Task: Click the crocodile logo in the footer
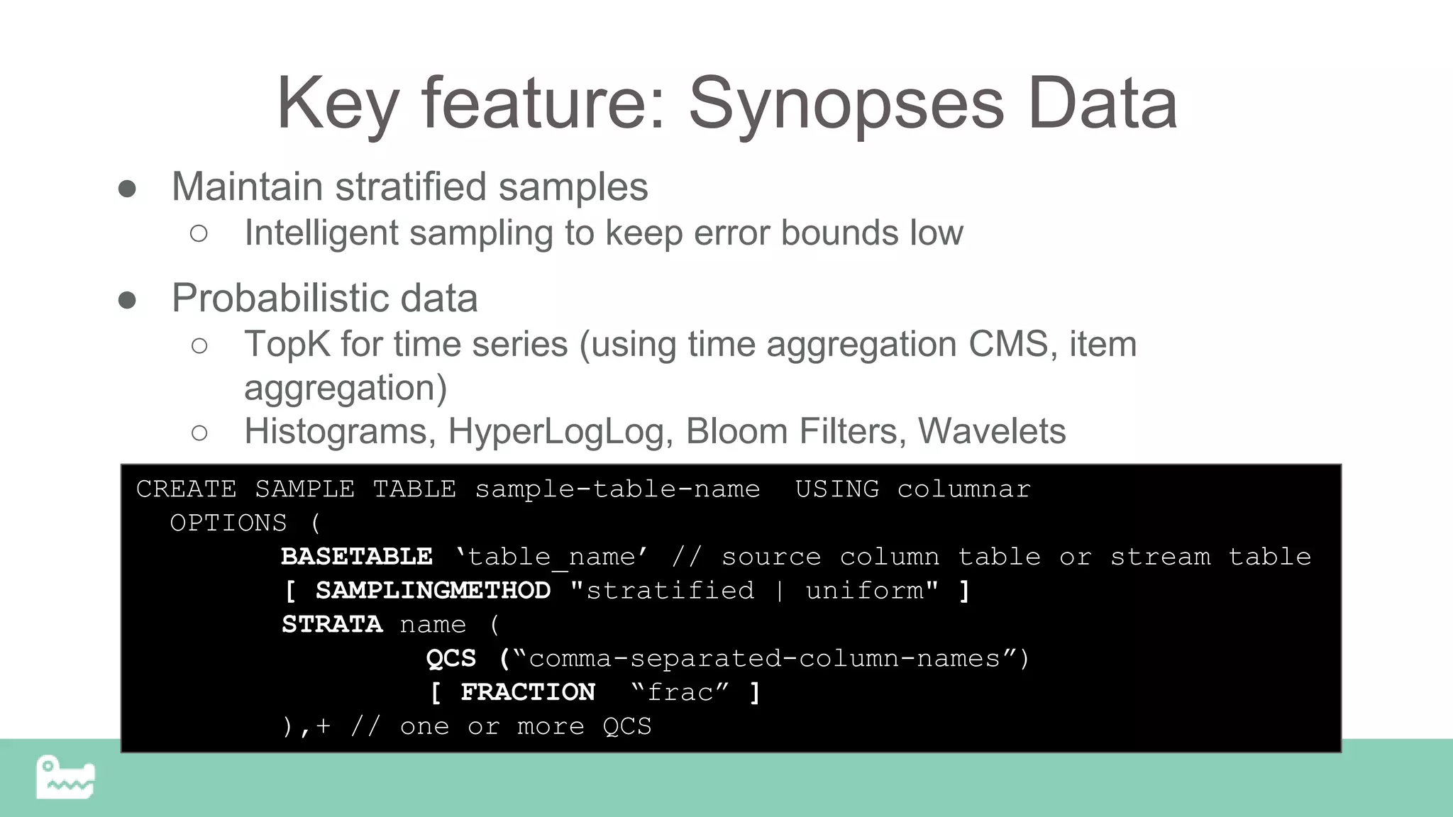point(65,778)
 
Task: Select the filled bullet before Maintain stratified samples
point(128,189)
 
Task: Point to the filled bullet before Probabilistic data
point(128,300)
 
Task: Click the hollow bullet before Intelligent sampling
point(199,233)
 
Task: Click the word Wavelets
point(991,431)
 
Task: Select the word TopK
point(287,345)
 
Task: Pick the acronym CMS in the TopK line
point(1008,345)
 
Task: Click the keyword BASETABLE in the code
point(356,557)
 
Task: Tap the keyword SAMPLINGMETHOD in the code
point(433,591)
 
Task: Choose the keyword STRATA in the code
point(332,625)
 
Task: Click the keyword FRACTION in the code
point(528,692)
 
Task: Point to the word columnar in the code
point(963,489)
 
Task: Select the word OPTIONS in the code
point(228,523)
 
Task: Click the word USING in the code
point(837,489)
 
